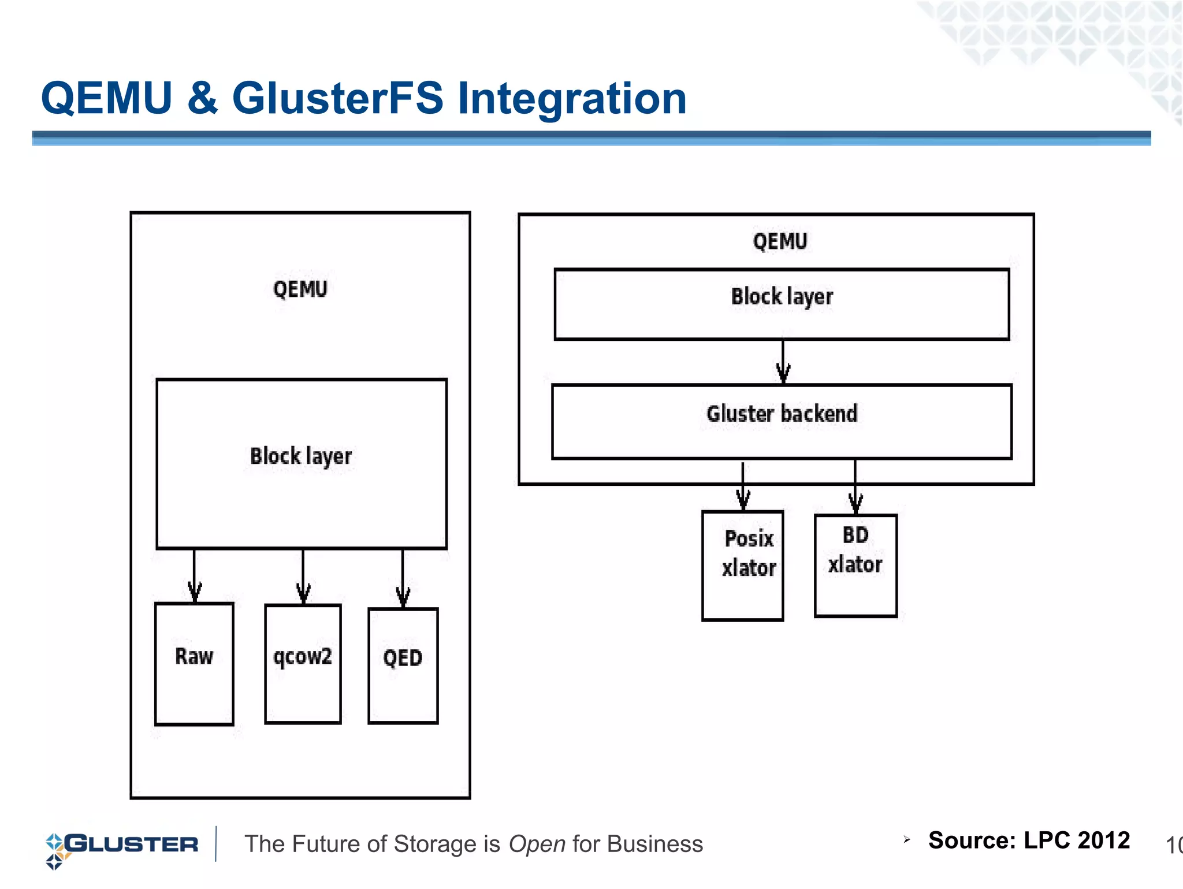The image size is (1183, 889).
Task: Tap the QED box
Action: point(403,665)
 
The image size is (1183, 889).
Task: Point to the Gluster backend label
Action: point(782,414)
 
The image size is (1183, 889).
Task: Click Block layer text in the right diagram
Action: point(782,297)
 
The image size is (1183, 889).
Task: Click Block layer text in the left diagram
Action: point(301,456)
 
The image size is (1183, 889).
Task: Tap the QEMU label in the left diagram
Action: point(300,289)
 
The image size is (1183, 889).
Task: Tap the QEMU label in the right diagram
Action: point(780,241)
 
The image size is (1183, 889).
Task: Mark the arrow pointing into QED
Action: point(403,578)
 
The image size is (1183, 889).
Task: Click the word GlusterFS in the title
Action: point(337,98)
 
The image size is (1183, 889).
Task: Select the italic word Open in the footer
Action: point(537,844)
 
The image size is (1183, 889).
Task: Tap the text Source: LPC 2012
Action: point(1028,840)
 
